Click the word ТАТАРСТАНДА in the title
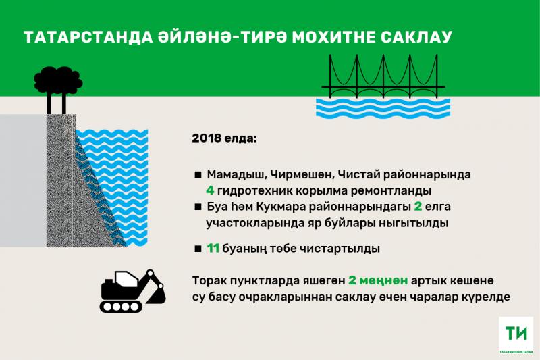click(88, 37)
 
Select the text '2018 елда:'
click(224, 138)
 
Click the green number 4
click(210, 190)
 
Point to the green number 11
click(213, 248)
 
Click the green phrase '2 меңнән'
click(378, 281)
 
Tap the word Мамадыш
click(236, 175)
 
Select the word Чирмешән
click(301, 175)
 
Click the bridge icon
click(383, 76)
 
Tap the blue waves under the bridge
click(383, 108)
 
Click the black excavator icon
click(132, 291)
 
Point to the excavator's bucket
click(157, 295)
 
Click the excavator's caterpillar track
click(121, 306)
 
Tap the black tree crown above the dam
click(58, 80)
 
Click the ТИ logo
click(516, 335)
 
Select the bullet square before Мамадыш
click(198, 175)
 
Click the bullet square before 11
click(198, 249)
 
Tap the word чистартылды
click(340, 249)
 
